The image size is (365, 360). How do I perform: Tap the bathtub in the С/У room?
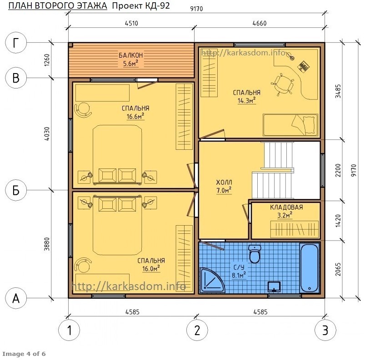[x=310, y=268]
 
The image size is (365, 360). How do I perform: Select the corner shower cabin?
[x=212, y=280]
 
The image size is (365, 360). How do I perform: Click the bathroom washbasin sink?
[x=274, y=287]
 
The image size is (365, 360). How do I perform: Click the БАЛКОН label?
[x=130, y=55]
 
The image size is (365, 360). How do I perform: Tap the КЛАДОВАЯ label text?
[x=286, y=207]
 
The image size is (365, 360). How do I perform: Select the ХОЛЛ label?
[x=224, y=182]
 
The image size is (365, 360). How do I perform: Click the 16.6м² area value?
[x=135, y=116]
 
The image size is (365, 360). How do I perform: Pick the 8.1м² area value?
[x=239, y=276]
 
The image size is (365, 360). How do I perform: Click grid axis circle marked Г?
[x=16, y=43]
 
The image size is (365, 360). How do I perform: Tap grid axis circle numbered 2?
[x=197, y=330]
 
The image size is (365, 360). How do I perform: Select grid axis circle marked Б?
[x=16, y=190]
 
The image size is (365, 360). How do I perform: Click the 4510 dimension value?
[x=131, y=23]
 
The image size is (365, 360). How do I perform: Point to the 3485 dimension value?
[x=338, y=91]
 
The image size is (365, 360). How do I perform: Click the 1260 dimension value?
[x=47, y=60]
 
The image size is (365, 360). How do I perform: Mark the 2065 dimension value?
[x=338, y=269]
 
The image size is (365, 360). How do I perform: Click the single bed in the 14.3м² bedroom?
[x=290, y=125]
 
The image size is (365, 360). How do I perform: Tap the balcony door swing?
[x=147, y=83]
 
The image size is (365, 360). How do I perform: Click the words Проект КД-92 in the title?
[x=141, y=5]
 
